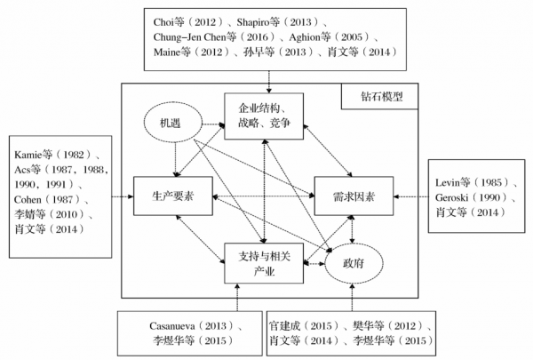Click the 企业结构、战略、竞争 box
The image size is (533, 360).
click(x=264, y=114)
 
